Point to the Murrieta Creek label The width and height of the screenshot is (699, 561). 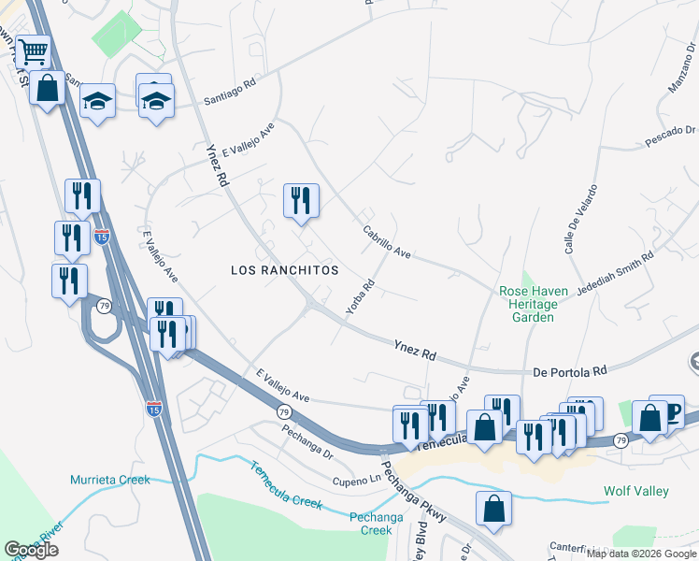(x=109, y=480)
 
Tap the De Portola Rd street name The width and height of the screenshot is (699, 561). (x=570, y=371)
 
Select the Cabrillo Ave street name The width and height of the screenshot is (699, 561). (x=387, y=241)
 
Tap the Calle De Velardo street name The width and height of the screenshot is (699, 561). (x=573, y=227)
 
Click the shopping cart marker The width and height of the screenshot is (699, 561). (x=33, y=51)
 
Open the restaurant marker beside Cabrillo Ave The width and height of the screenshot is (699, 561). (x=301, y=201)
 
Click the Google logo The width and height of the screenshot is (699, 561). (x=32, y=550)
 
